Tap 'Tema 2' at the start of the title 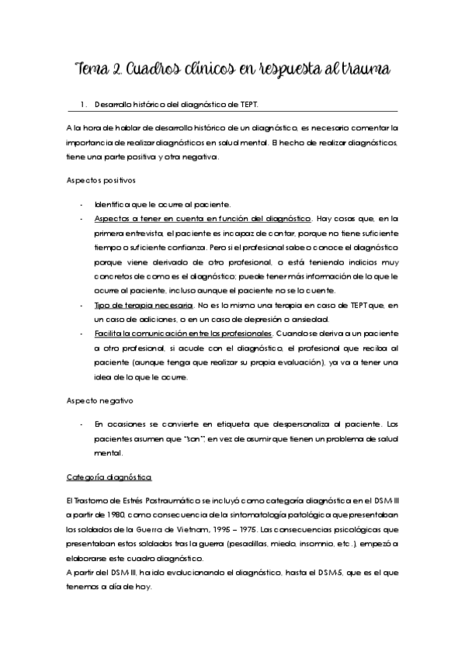pyautogui.click(x=96, y=71)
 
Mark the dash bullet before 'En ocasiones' pyautogui.click(x=82, y=424)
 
